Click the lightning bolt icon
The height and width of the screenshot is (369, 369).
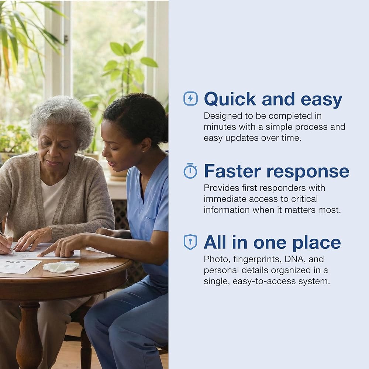(x=190, y=99)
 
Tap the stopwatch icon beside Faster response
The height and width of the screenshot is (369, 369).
(x=190, y=171)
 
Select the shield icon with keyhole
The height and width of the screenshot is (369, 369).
(x=190, y=242)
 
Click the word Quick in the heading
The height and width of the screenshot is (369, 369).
(x=230, y=99)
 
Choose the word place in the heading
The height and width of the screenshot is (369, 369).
(x=317, y=243)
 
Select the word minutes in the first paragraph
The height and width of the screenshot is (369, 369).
(x=220, y=127)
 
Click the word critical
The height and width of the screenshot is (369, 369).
(x=304, y=199)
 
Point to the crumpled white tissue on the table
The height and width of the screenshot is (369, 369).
(x=61, y=267)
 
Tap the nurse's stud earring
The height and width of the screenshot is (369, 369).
(x=143, y=152)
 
